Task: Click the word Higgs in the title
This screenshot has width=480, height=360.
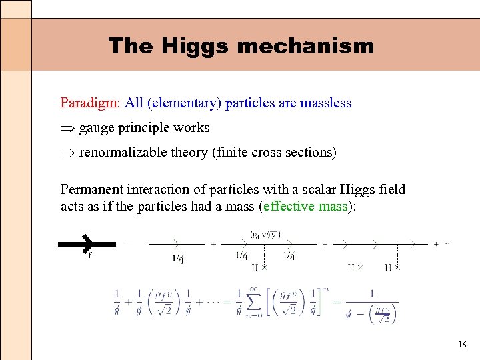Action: pyautogui.click(x=193, y=46)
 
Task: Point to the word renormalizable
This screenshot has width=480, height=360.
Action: pyautogui.click(x=123, y=153)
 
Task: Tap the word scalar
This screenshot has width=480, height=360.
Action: pyautogui.click(x=315, y=190)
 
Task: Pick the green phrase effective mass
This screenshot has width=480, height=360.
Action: pyautogui.click(x=305, y=206)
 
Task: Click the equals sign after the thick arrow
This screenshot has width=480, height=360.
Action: pyautogui.click(x=129, y=244)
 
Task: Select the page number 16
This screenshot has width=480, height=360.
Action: pyautogui.click(x=462, y=345)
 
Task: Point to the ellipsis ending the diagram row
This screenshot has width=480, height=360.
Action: pyautogui.click(x=447, y=244)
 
